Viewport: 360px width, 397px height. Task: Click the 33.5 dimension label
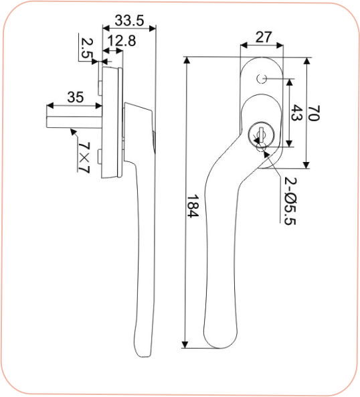pyautogui.click(x=128, y=18)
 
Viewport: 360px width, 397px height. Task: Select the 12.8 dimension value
pyautogui.click(x=121, y=41)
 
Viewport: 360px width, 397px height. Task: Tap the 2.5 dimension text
pyautogui.click(x=86, y=49)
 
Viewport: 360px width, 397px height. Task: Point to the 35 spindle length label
pyautogui.click(x=76, y=97)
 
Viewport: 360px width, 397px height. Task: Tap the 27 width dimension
pyautogui.click(x=263, y=37)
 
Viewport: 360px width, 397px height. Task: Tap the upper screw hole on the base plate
pyautogui.click(x=262, y=80)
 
